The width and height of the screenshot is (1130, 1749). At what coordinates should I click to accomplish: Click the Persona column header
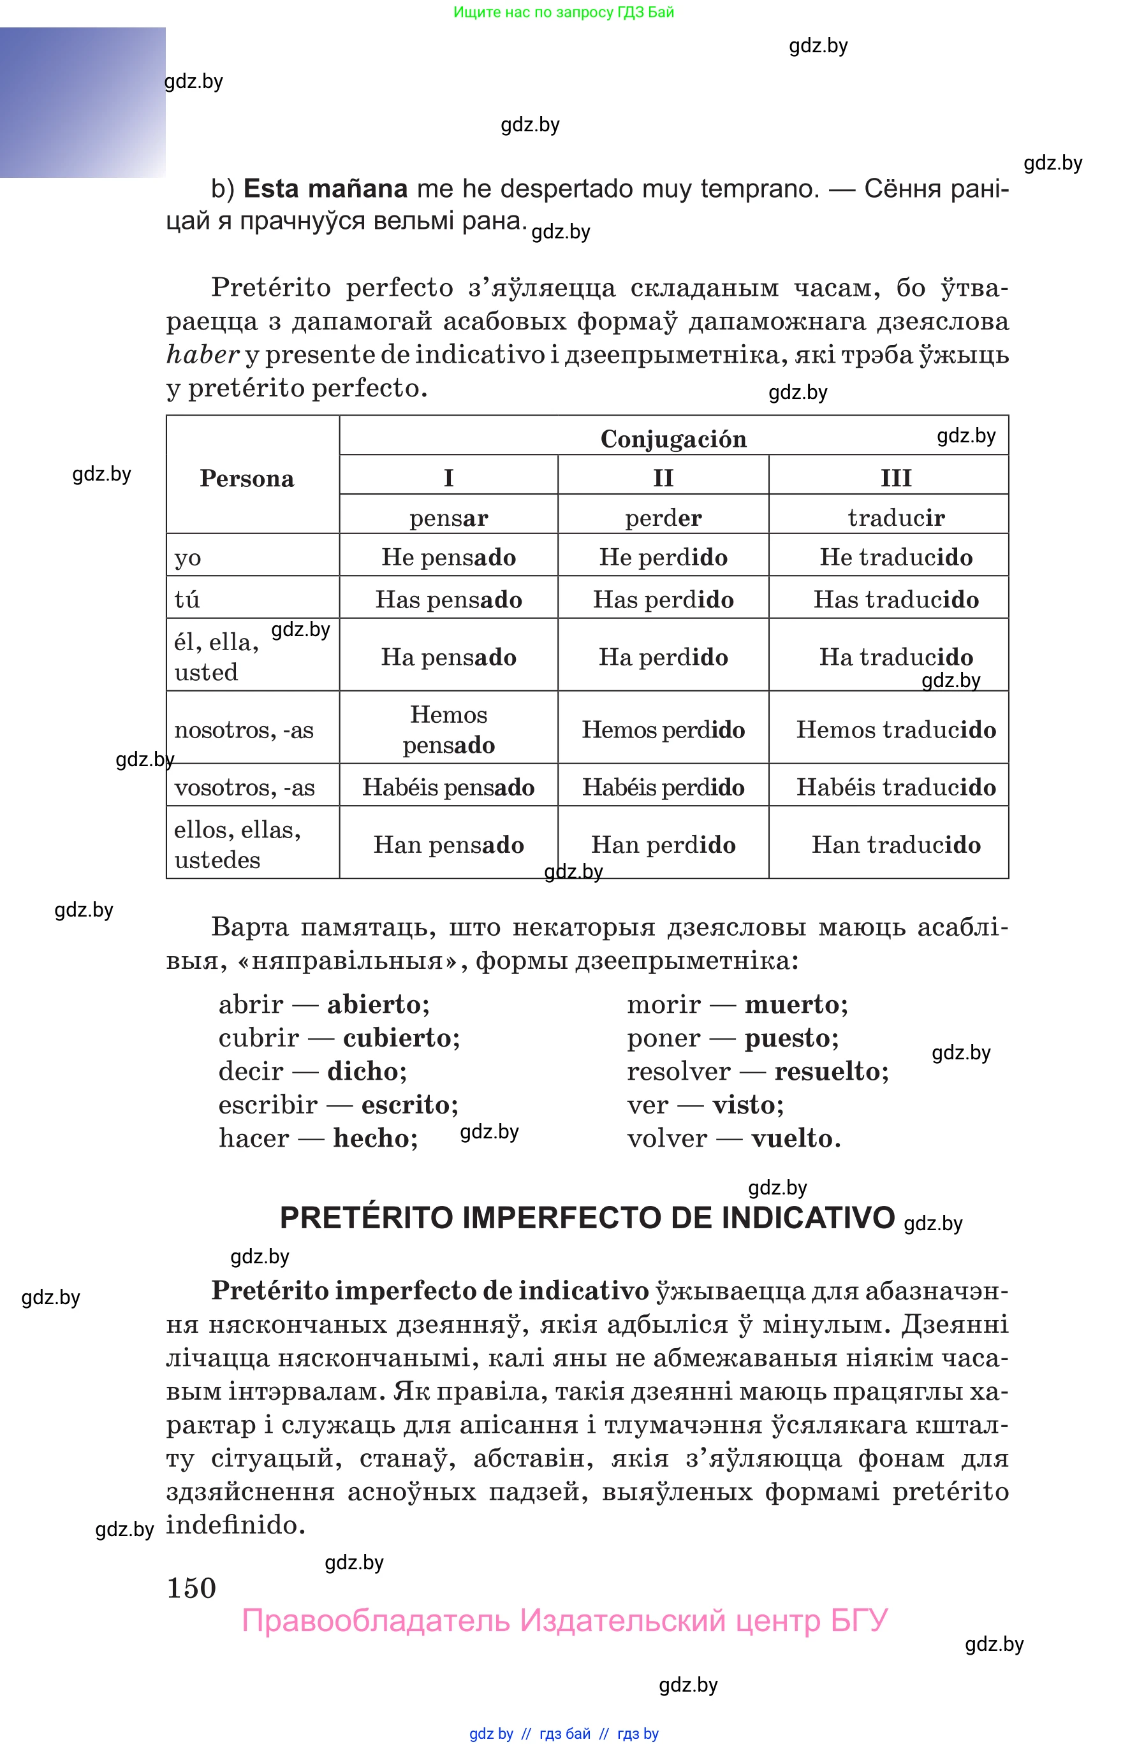point(247,478)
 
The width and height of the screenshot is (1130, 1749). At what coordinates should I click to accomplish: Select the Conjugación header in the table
point(673,439)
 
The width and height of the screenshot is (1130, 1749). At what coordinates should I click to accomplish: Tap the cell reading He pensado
point(448,556)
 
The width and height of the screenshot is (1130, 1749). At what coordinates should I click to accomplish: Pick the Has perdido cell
point(663,599)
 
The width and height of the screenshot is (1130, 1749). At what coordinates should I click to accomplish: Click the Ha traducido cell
point(895,657)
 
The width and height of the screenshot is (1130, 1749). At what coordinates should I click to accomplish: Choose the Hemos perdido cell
point(663,729)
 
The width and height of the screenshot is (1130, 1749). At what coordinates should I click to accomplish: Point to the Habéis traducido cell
point(895,787)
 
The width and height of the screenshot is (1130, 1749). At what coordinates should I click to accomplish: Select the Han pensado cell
point(448,844)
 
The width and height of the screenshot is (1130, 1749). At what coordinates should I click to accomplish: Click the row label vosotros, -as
point(244,787)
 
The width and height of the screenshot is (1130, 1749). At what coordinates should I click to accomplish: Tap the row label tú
point(187,599)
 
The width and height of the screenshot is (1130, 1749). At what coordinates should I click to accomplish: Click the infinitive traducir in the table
point(895,518)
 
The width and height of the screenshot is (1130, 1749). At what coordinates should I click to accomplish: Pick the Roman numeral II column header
point(663,477)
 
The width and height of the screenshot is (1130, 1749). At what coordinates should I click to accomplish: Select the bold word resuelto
point(831,1071)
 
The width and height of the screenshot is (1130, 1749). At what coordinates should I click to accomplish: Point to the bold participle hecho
point(375,1138)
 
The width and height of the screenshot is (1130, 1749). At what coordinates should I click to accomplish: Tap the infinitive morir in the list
point(663,1004)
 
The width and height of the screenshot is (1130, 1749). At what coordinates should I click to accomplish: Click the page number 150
point(191,1588)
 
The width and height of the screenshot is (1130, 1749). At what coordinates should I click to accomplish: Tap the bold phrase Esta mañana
point(325,189)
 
